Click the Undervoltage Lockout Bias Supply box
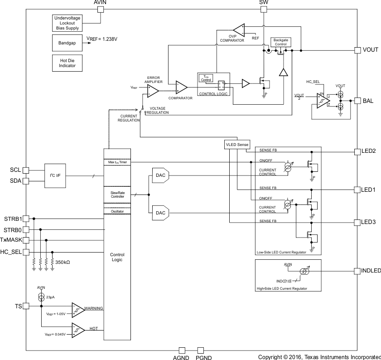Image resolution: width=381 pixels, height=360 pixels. (x=67, y=22)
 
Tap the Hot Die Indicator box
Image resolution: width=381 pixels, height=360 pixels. (x=67, y=63)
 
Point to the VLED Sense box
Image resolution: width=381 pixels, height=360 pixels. (x=237, y=145)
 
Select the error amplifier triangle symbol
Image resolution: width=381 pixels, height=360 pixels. (x=152, y=91)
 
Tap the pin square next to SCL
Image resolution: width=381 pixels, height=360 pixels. (x=26, y=170)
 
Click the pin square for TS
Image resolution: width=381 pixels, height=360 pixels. (x=26, y=306)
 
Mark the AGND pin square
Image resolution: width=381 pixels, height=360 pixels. (x=182, y=350)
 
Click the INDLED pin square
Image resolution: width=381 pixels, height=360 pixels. (x=357, y=271)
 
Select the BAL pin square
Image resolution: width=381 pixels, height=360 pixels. (x=357, y=101)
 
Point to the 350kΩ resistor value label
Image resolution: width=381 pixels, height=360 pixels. (x=63, y=262)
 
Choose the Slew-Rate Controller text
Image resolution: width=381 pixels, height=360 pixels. (x=117, y=194)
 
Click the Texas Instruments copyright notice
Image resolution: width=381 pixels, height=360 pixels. (x=319, y=357)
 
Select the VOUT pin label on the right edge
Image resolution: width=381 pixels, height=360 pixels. (x=370, y=50)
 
